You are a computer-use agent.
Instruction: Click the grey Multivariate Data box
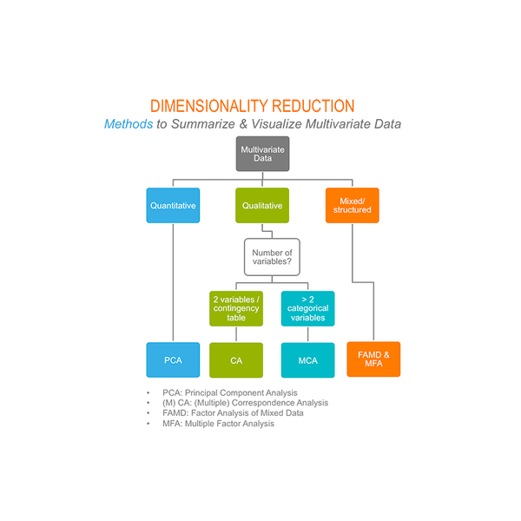(x=262, y=154)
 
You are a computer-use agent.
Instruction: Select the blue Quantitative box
(x=173, y=205)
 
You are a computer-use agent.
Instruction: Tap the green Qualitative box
(x=262, y=205)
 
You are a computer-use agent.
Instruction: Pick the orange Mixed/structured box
(x=353, y=205)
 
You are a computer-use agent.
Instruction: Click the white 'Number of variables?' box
(x=272, y=257)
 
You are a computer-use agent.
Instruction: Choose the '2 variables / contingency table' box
(x=236, y=308)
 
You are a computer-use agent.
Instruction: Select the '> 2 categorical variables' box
(x=308, y=308)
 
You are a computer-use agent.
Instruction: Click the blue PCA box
(x=173, y=359)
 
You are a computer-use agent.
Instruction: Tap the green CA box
(x=236, y=360)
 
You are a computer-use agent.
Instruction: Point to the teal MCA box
(x=308, y=360)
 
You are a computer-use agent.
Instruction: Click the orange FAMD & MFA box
(x=373, y=359)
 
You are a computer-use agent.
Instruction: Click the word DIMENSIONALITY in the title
(x=208, y=106)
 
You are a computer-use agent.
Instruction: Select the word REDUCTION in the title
(x=313, y=106)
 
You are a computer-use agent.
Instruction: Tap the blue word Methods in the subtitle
(x=129, y=124)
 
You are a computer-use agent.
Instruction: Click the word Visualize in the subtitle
(x=276, y=124)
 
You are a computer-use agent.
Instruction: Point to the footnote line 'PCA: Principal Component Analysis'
(x=230, y=392)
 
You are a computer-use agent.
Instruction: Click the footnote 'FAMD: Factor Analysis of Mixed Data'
(x=233, y=413)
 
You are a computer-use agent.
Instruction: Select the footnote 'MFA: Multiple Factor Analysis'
(x=218, y=424)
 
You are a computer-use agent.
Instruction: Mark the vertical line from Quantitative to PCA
(x=173, y=282)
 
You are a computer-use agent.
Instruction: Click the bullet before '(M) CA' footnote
(x=148, y=403)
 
